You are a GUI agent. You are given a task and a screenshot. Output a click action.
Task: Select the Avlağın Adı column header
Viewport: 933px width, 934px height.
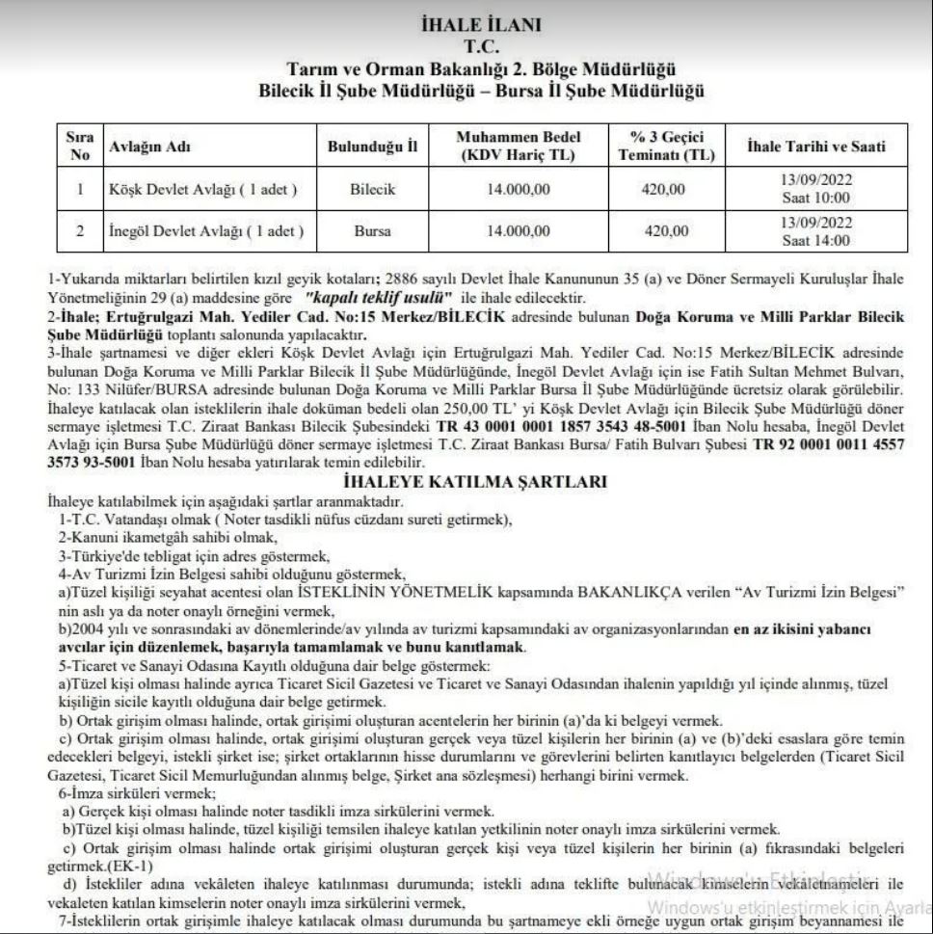[x=151, y=147]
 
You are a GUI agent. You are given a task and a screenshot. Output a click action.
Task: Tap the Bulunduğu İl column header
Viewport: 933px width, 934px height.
[x=372, y=147]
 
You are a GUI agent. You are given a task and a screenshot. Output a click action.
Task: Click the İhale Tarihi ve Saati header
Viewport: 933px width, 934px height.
[x=815, y=147]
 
